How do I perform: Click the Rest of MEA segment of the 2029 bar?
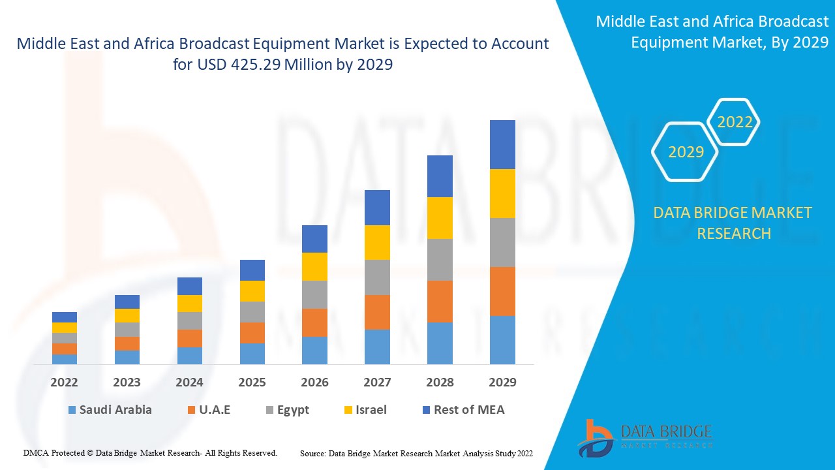click(x=502, y=144)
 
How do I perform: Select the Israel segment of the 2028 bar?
click(x=440, y=218)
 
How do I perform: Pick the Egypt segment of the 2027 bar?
click(x=377, y=277)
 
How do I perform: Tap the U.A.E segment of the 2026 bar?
click(x=314, y=322)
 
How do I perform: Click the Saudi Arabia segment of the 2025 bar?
click(x=252, y=353)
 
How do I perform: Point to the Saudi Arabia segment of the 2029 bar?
click(x=502, y=339)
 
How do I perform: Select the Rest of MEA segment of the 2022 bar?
click(x=65, y=317)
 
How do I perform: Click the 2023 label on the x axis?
click(x=127, y=382)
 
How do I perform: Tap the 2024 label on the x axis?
click(x=190, y=382)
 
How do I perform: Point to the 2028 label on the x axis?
click(x=440, y=382)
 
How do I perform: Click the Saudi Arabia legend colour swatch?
click(x=71, y=410)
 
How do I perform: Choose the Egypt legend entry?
click(x=288, y=410)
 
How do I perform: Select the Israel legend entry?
click(x=365, y=410)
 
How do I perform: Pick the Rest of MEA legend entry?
click(x=463, y=410)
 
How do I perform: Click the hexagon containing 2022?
click(x=734, y=122)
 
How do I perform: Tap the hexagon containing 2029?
click(x=685, y=151)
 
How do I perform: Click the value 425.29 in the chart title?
click(x=258, y=65)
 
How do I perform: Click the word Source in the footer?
click(x=312, y=453)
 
